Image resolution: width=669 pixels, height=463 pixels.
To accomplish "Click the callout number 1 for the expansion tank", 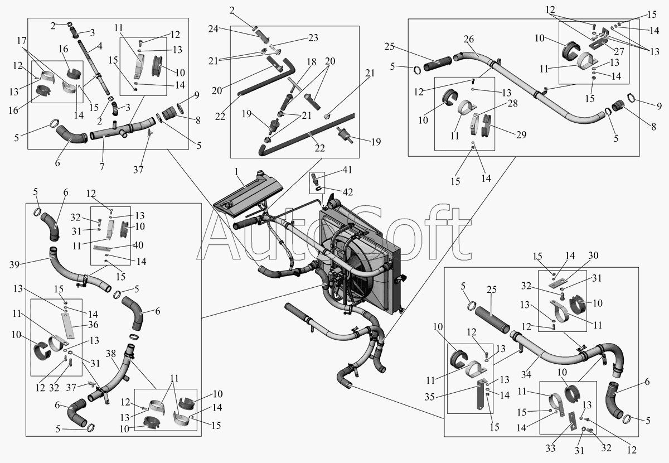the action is pos(236,172).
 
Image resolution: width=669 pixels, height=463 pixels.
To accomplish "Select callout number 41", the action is pos(347,170).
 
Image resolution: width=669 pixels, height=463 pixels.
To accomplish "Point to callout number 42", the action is pos(348,192).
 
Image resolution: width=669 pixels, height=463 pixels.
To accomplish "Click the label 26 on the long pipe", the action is pos(469,39).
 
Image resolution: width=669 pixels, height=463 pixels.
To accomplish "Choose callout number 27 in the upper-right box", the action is pos(619,51).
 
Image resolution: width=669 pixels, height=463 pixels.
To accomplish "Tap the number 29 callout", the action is pos(521,135).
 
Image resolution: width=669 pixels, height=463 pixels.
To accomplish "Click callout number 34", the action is pos(526,374).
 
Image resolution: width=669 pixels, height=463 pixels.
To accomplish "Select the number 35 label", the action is pos(430,397).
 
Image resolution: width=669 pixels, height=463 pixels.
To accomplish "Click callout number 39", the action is pos(14,264).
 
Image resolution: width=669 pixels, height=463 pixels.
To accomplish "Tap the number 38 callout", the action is pos(111,354).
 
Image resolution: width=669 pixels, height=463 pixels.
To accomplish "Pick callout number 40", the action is pos(138,245).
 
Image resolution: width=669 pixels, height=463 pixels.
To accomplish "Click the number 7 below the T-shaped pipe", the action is pos(102,166).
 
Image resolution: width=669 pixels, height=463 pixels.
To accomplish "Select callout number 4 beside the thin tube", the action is pos(99,46).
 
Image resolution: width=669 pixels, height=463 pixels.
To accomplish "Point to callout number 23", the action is pos(313,38).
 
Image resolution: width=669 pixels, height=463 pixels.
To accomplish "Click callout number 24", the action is pos(213,29).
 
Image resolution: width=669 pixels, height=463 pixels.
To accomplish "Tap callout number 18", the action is pos(311,62).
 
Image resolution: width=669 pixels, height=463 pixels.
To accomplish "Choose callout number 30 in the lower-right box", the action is pos(593,255).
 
